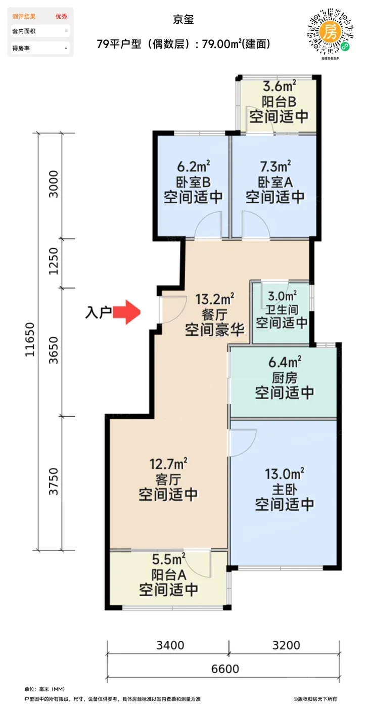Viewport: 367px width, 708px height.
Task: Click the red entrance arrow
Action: (x=127, y=312)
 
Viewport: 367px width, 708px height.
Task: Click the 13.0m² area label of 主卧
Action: (x=285, y=474)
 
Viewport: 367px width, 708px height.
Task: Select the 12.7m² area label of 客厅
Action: (x=168, y=464)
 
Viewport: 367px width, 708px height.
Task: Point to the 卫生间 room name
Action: (x=282, y=309)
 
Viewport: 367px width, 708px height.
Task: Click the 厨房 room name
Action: (x=285, y=378)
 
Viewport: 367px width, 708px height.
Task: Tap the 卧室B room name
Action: (x=193, y=182)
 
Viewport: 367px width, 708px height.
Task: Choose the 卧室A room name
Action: (x=276, y=182)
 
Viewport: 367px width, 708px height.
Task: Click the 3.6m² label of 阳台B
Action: (x=280, y=85)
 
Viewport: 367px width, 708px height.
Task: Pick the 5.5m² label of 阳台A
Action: (x=169, y=559)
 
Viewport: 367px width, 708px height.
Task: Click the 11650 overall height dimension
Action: (x=30, y=340)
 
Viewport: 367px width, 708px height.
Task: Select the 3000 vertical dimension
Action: (x=54, y=184)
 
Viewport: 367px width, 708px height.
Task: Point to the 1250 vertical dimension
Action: (x=54, y=261)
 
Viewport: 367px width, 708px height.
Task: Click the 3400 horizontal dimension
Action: (x=170, y=645)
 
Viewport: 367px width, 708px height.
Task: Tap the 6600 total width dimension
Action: (x=225, y=669)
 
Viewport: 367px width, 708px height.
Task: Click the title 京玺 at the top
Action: (x=183, y=20)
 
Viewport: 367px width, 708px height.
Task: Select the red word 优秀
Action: (x=61, y=16)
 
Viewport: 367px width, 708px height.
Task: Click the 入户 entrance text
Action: (x=98, y=313)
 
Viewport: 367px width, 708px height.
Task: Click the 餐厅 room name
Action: (x=215, y=315)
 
